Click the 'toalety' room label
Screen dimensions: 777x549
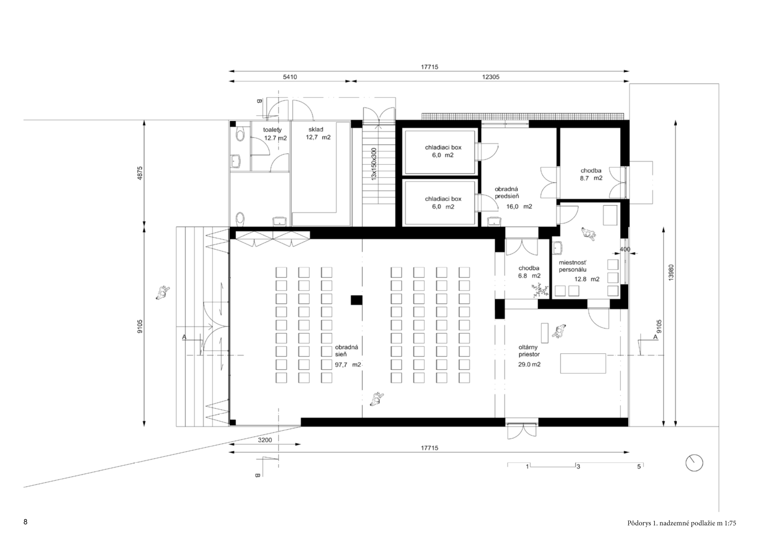(x=272, y=130)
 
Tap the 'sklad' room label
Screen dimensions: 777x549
(x=316, y=129)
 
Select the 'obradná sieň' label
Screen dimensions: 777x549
(x=347, y=351)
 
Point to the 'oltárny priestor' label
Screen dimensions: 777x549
(x=529, y=351)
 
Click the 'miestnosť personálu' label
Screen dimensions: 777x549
(x=573, y=266)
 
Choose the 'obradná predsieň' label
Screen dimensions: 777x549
(x=507, y=193)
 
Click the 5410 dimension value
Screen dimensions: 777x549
(x=290, y=77)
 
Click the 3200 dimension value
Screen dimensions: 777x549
(x=265, y=440)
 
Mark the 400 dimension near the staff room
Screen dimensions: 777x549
(x=625, y=249)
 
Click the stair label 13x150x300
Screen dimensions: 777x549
(x=374, y=164)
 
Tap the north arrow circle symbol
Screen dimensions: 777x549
(x=694, y=462)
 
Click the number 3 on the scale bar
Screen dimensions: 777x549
(x=578, y=466)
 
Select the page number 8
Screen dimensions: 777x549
(x=25, y=522)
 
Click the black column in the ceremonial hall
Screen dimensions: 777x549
(x=356, y=300)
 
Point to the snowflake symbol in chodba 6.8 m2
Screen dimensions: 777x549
(x=539, y=289)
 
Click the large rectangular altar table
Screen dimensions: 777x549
(x=583, y=364)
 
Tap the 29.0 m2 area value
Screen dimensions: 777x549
(x=529, y=364)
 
